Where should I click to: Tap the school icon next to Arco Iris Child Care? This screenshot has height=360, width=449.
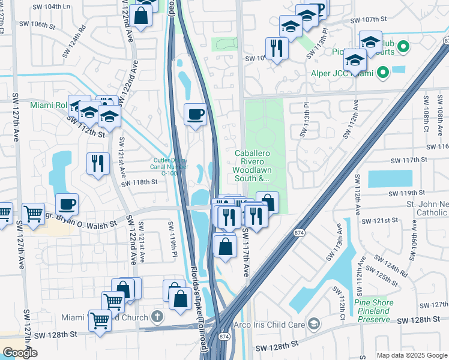pos(313,325)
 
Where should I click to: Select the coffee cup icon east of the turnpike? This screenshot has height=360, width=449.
pos(196,114)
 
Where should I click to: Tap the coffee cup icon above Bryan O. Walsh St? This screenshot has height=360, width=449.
pos(67,204)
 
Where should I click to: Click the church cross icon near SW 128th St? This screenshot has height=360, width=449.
pos(157,316)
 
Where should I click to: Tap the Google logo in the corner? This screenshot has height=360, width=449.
pos(20,353)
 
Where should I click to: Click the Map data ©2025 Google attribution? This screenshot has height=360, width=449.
pos(411,355)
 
